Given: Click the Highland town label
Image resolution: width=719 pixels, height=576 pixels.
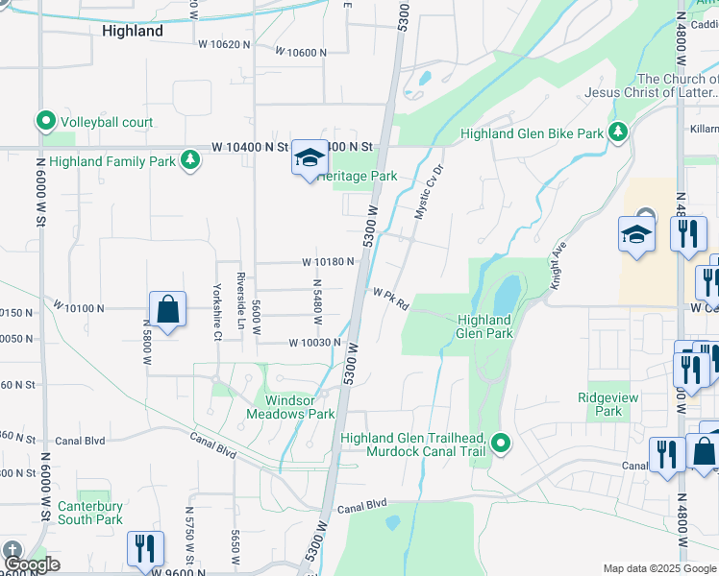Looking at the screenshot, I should pos(132,31).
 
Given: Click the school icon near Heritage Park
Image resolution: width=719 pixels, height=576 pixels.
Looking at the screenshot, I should pos(310,157).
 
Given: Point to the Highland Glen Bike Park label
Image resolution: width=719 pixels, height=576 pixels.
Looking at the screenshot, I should pos(532,134).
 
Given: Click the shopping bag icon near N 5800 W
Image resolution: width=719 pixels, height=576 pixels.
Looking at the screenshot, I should pos(167,310).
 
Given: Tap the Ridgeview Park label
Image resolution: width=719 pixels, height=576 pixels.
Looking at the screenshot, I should pos(601,404).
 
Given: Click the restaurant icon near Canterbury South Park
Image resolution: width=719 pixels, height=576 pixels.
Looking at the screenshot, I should pos(144,548).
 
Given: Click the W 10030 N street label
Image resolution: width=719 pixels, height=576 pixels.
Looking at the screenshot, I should pos(315,343).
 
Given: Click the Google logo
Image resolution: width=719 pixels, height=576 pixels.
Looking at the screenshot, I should pos(32,564).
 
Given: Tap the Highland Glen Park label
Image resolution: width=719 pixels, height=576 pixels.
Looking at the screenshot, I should pos(484,326).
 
